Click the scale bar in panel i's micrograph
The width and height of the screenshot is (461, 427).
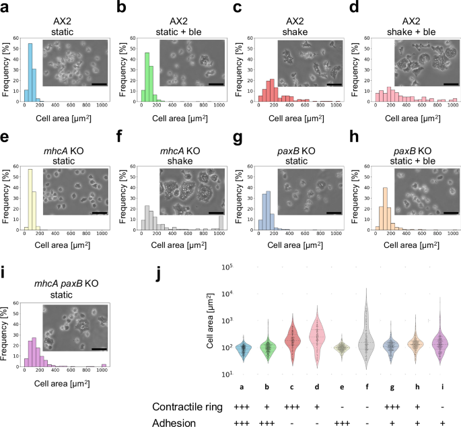[100, 348]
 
